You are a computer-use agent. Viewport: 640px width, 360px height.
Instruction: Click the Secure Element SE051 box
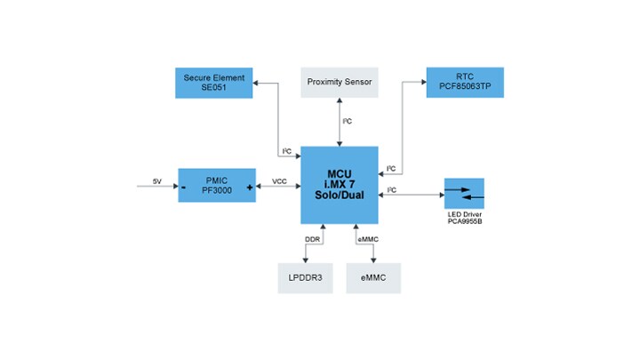[213, 82]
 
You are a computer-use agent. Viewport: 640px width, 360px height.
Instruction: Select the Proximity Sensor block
[339, 82]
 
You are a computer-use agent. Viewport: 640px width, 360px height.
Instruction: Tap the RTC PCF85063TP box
[465, 82]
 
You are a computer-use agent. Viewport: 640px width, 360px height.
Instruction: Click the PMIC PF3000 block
[217, 185]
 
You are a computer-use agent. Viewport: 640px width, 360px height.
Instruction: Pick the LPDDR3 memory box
[306, 277]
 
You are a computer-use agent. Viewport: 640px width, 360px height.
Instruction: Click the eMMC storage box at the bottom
[373, 277]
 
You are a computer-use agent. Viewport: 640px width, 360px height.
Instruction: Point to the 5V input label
[157, 182]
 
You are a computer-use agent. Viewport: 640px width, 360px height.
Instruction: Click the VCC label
[278, 181]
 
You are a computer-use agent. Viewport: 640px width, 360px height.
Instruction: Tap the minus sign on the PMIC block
[184, 188]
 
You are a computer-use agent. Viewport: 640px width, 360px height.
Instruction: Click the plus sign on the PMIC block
[249, 188]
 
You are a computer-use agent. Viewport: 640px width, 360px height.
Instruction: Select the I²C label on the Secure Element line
[287, 151]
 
